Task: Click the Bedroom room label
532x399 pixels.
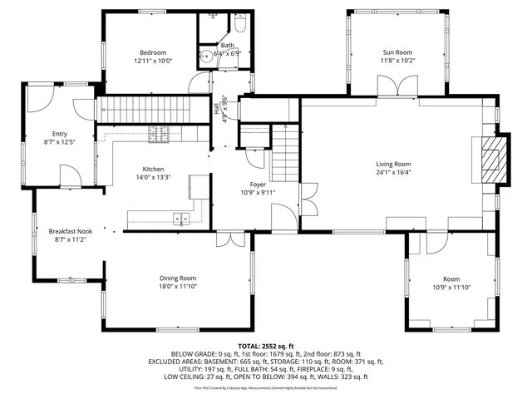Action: point(152,52)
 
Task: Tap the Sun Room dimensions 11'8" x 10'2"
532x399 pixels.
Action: point(398,60)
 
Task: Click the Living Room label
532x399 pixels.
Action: point(393,164)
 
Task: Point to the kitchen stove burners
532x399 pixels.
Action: point(158,131)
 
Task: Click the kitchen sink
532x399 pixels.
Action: point(180,219)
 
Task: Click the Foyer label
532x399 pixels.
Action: point(259,184)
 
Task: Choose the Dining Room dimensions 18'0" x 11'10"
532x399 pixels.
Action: point(178,287)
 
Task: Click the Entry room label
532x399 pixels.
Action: point(60,133)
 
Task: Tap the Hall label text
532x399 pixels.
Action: point(218,108)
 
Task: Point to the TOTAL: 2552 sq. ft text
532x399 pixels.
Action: point(266,345)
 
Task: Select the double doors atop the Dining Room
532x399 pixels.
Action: point(225,240)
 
